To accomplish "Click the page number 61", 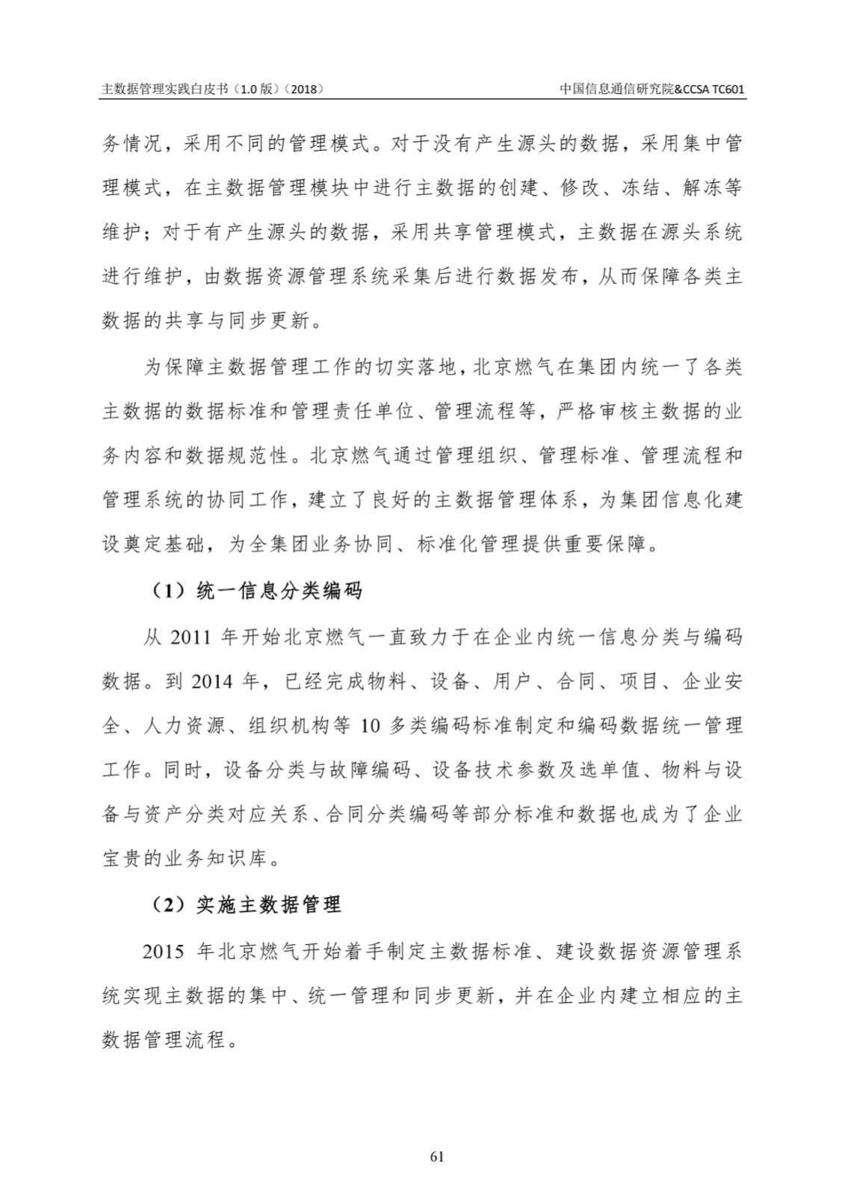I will (x=438, y=1156).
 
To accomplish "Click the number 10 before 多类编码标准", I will (x=371, y=725).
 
